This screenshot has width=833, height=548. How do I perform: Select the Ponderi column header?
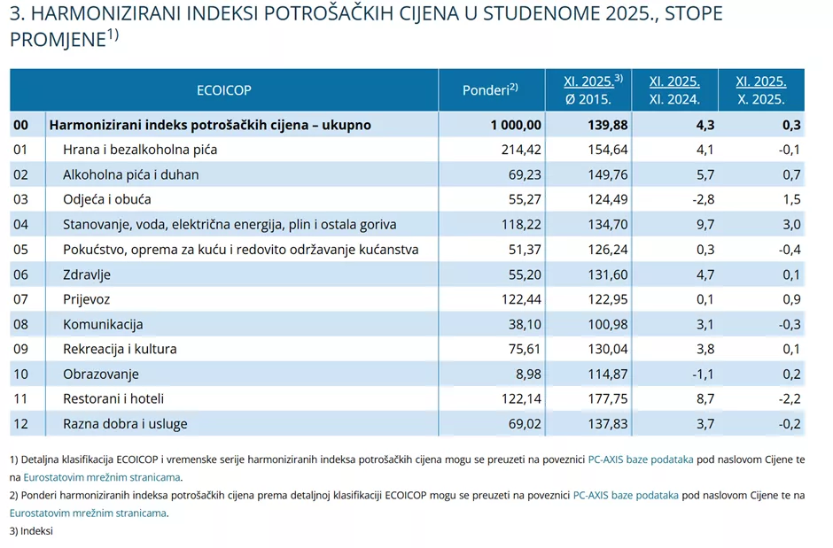[489, 90]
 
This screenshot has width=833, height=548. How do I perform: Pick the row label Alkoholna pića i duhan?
[130, 174]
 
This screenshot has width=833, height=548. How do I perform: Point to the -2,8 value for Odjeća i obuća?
[703, 199]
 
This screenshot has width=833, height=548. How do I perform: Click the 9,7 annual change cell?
[705, 225]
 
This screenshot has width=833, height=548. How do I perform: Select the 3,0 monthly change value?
[791, 225]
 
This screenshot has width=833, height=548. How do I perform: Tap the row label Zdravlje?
[86, 274]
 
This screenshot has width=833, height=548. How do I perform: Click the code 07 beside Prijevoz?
[21, 299]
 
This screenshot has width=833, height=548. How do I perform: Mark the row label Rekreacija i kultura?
[120, 349]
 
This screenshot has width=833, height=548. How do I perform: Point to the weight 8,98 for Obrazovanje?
[526, 374]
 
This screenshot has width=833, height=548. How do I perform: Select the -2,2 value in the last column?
[789, 398]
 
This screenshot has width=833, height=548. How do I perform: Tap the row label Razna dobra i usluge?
[125, 423]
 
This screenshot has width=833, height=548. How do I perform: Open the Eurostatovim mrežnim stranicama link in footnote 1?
[95, 477]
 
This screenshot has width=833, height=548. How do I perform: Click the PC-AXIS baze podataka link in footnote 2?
[626, 496]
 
